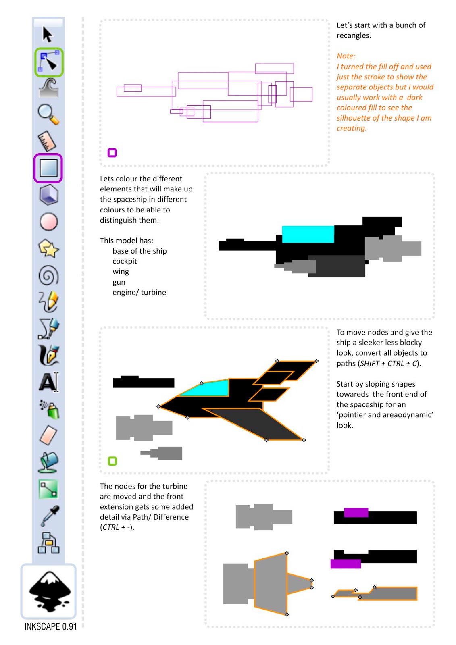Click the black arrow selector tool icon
pyautogui.click(x=48, y=35)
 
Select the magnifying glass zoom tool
pyautogui.click(x=48, y=114)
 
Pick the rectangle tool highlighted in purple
pyautogui.click(x=48, y=168)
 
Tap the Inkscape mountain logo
pyautogui.click(x=49, y=591)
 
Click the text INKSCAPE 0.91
pyautogui.click(x=50, y=626)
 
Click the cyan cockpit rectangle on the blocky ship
pyautogui.click(x=308, y=234)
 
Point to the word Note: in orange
pyautogui.click(x=346, y=56)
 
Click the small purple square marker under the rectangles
pyautogui.click(x=112, y=153)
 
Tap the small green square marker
pyautogui.click(x=112, y=461)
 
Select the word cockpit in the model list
pyautogui.click(x=125, y=261)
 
